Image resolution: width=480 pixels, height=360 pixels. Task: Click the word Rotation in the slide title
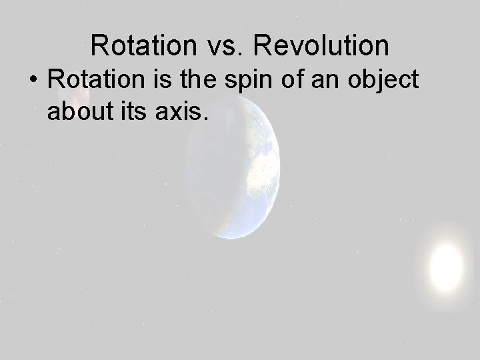pos(140,45)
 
